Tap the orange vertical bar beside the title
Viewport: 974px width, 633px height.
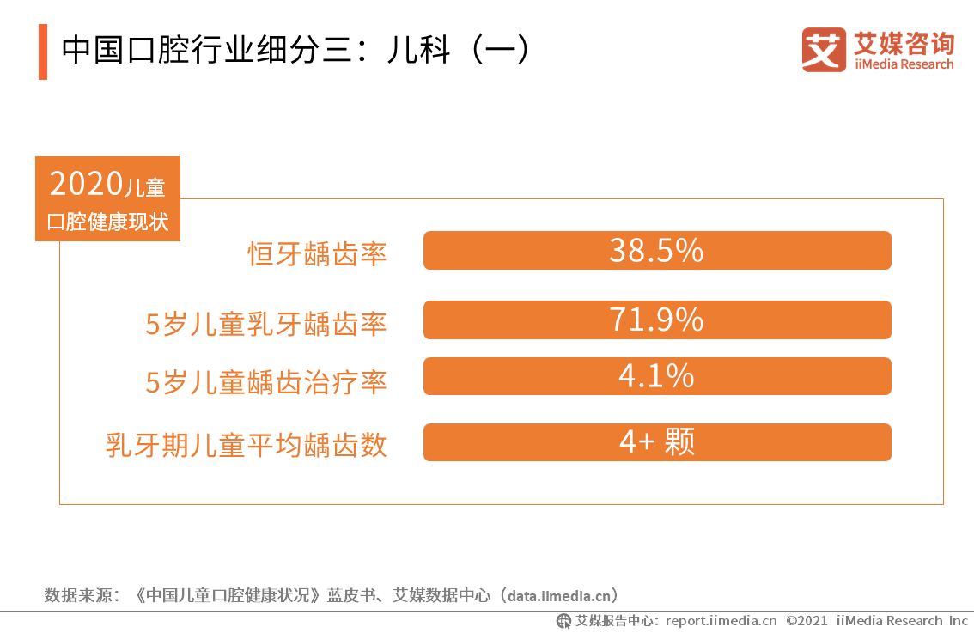pos(43,52)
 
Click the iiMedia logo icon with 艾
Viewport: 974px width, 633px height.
pos(824,50)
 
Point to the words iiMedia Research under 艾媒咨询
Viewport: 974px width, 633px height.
pos(904,64)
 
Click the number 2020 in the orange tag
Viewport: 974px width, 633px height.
pos(86,184)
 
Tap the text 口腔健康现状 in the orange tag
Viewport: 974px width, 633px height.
pos(107,222)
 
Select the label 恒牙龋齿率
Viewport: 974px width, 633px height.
pos(318,253)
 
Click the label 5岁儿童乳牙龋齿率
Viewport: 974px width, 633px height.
pos(265,323)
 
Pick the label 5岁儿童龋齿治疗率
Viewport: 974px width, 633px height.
pos(265,382)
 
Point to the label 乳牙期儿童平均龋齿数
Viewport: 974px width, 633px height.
pos(247,445)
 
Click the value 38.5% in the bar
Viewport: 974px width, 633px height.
pos(656,251)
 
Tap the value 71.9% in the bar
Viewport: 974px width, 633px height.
pos(656,320)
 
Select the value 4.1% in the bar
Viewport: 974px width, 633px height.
pos(656,376)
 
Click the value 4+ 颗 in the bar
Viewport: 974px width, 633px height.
pos(656,442)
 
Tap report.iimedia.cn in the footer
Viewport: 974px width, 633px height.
pos(721,621)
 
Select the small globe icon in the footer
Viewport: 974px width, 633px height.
pos(563,621)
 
